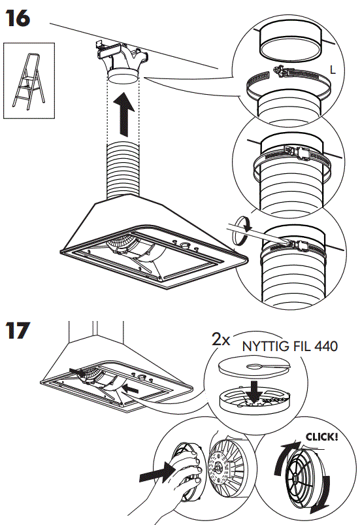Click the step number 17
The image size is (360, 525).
pyautogui.click(x=18, y=330)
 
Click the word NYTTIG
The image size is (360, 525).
pyautogui.click(x=264, y=346)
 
